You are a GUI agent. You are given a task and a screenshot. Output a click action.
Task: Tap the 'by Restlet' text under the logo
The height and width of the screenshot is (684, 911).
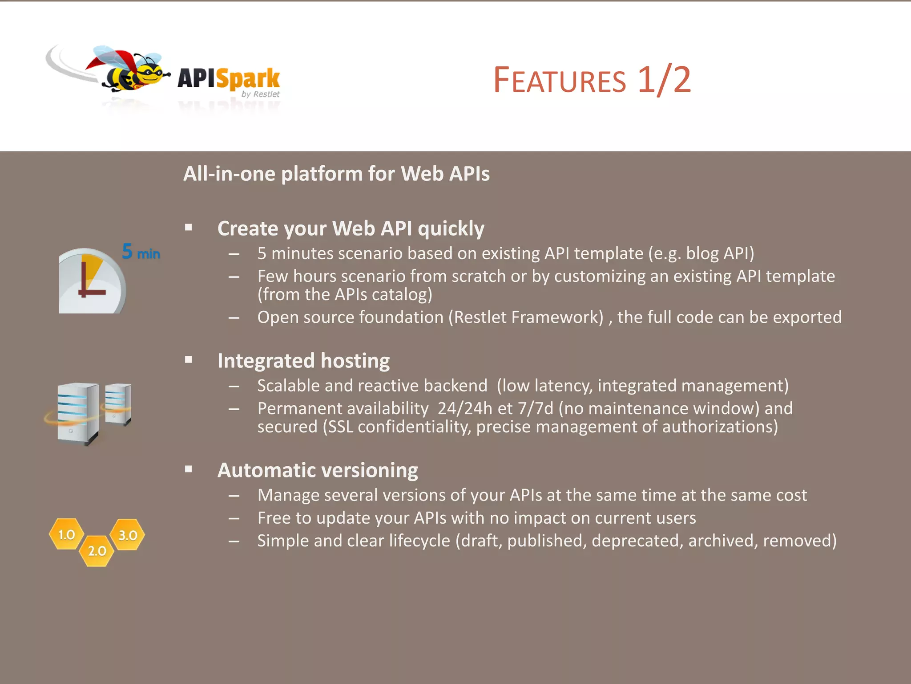(x=260, y=94)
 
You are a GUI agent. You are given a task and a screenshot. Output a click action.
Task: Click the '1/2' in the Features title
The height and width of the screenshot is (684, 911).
(x=664, y=80)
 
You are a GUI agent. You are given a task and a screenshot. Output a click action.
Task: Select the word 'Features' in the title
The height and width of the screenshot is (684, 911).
(x=560, y=81)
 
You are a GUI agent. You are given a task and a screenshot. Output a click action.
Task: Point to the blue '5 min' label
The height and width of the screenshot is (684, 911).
(x=141, y=252)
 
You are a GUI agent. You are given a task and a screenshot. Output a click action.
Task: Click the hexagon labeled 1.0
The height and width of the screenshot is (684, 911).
(x=67, y=534)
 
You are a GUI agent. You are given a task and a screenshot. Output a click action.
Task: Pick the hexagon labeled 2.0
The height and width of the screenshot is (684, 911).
(x=97, y=551)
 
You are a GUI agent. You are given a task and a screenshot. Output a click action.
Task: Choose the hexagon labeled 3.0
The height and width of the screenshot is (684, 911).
(x=128, y=535)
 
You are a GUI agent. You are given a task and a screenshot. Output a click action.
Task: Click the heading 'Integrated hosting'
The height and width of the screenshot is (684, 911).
(x=303, y=361)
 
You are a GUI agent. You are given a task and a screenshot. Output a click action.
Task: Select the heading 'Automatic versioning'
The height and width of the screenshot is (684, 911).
(x=318, y=470)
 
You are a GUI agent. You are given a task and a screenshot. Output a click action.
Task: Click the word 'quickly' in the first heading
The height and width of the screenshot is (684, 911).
(x=451, y=229)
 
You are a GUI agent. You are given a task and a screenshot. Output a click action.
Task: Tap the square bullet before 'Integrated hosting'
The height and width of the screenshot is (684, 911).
(x=189, y=360)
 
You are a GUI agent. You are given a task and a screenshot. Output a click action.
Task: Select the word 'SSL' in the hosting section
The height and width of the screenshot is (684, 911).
(x=340, y=427)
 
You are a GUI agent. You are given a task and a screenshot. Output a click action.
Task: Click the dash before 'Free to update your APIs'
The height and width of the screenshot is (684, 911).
(x=234, y=518)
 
